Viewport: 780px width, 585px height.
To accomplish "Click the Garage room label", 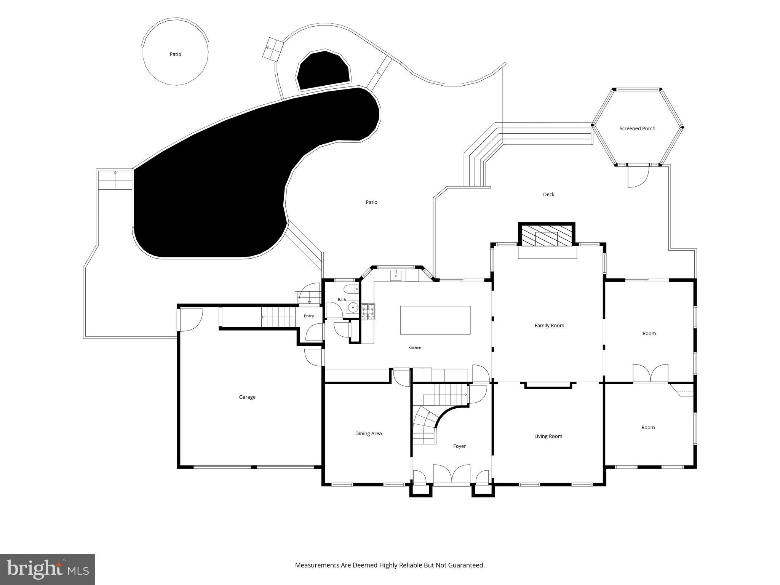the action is coord(247,397).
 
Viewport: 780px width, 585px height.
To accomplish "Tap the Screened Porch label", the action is coord(637,129).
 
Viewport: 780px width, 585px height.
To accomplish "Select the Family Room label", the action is coord(549,326).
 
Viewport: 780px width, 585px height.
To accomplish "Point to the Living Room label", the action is coord(548,436).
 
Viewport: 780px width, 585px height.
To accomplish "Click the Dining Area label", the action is coord(368,433).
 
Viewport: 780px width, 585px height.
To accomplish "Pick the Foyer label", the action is coord(459,446).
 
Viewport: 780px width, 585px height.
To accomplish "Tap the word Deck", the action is coord(548,195).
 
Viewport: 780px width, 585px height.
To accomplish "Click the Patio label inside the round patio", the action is coord(175,54).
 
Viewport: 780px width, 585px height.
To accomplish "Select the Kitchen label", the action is coord(415,348).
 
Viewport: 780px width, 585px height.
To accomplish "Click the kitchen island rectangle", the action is coord(435,320).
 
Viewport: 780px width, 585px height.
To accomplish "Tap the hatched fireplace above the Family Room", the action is coord(547,236).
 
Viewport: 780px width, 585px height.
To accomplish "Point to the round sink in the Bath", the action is coord(354,306).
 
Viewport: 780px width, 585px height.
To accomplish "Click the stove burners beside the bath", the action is coord(368,312).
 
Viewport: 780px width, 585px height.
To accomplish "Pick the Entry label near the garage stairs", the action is coord(309,316).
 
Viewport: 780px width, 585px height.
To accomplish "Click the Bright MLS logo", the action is coord(48,569).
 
